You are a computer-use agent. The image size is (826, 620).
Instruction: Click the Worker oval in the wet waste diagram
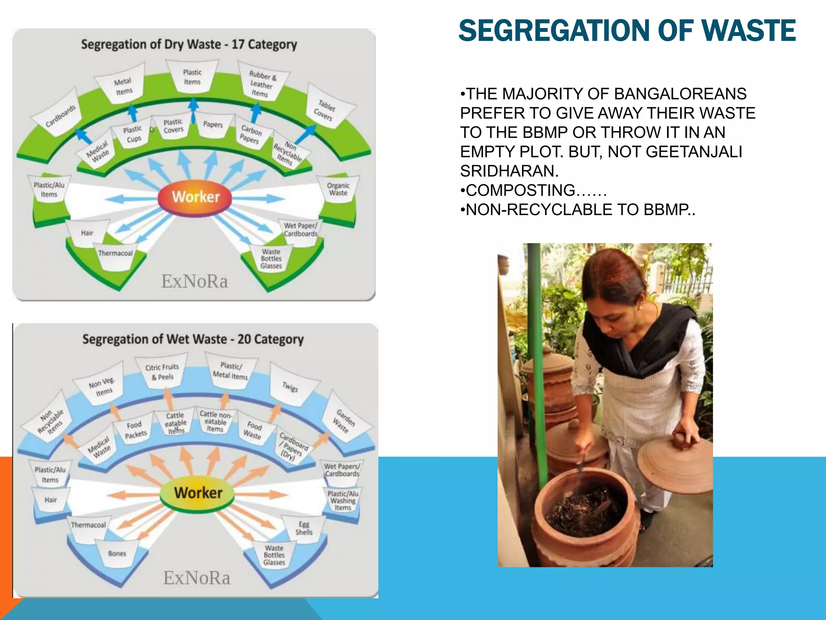tap(197, 493)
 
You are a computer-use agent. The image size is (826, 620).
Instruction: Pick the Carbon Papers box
tap(251, 134)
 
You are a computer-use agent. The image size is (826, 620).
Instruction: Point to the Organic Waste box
tap(338, 189)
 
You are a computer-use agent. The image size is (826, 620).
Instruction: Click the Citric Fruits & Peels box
tap(162, 372)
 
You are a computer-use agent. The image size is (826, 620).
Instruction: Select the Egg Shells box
tap(304, 528)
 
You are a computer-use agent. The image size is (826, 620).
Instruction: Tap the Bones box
tap(117, 553)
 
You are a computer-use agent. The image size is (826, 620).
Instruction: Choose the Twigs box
tap(290, 386)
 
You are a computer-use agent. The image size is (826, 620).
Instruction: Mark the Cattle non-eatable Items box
tap(215, 421)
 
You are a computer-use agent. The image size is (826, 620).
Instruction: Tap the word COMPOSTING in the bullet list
tap(520, 190)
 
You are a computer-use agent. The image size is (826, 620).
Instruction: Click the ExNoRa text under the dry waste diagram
tap(194, 281)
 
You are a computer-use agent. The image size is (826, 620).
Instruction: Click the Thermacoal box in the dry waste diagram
tap(115, 254)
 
